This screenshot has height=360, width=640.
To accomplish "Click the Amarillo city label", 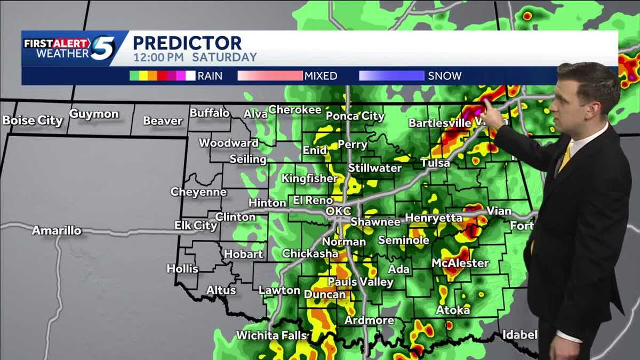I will (57, 231).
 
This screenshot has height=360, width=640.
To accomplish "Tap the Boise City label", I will (33, 121).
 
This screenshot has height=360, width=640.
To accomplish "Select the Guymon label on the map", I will (94, 114).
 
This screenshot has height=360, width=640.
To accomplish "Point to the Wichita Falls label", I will (271, 335).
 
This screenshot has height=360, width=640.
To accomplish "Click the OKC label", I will (338, 211).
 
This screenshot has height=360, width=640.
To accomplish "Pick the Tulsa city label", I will (435, 163).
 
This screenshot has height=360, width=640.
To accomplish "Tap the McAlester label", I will (460, 263).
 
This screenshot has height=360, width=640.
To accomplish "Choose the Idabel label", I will (519, 335).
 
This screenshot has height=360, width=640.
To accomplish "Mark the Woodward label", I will (229, 143).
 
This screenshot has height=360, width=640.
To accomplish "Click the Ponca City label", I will (355, 116).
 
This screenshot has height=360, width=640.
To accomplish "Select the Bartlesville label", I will (440, 123).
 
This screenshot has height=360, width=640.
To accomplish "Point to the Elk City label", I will (196, 226).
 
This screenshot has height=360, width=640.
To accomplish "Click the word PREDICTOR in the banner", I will (187, 43).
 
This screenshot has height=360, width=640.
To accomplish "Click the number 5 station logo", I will (102, 47).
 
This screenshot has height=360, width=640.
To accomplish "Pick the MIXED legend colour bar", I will (269, 76).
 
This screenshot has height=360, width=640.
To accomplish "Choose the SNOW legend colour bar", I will (391, 76).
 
